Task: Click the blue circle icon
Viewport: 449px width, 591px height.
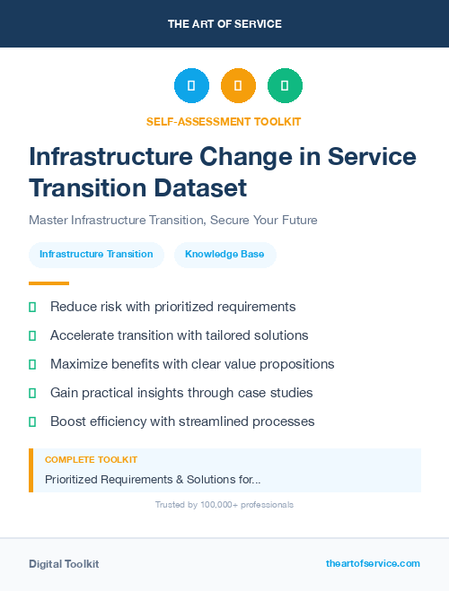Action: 191,86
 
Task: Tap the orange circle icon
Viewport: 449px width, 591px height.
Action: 238,86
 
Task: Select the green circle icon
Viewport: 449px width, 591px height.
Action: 285,86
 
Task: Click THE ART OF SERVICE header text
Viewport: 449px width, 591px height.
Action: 224,24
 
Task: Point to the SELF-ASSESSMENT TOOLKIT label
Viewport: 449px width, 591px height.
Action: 224,121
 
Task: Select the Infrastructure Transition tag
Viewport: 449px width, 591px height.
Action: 96,255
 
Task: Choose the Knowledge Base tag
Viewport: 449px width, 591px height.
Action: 224,255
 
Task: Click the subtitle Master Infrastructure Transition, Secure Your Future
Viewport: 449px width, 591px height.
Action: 173,220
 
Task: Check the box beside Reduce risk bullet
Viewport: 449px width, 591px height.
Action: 32,307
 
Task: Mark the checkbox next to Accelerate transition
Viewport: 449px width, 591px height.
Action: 32,335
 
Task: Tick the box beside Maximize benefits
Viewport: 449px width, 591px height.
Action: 32,364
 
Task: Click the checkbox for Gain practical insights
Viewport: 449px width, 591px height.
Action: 32,393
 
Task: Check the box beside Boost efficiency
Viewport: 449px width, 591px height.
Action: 32,422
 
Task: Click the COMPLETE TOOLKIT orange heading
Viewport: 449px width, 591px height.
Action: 91,459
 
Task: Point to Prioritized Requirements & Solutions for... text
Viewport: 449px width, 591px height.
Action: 153,480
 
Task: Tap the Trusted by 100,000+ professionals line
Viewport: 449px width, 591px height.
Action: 224,505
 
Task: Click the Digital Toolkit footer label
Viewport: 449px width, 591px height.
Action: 64,564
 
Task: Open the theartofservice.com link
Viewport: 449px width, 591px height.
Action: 373,563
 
